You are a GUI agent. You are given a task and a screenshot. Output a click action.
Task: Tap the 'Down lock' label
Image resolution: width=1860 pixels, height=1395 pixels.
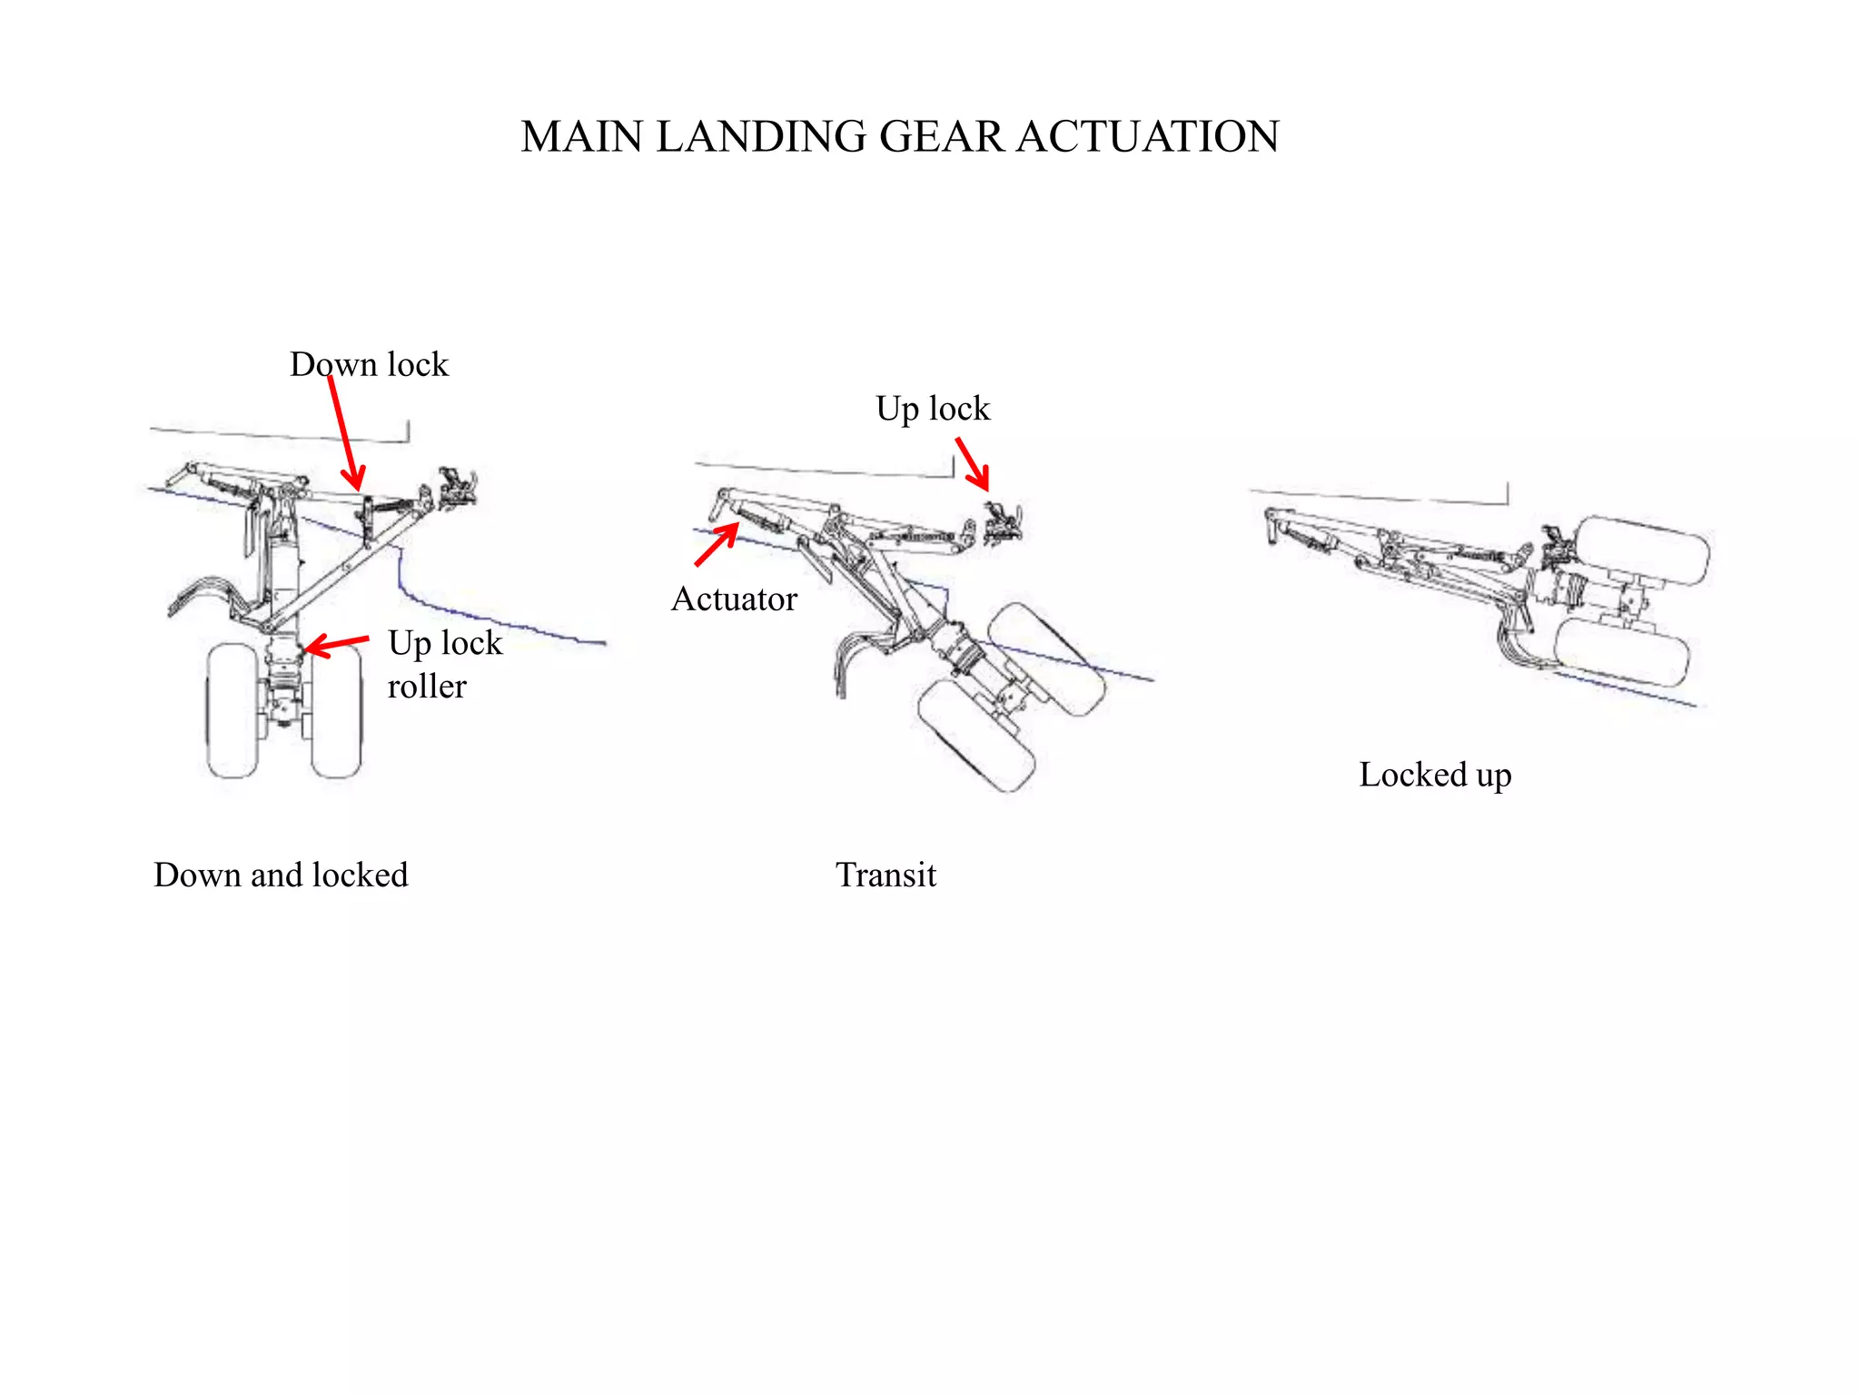[x=369, y=364]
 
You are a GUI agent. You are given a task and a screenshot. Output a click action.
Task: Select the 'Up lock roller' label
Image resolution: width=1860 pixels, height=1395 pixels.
[x=444, y=664]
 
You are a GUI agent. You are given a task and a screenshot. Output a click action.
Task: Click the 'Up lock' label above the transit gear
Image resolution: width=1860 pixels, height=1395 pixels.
[x=933, y=409]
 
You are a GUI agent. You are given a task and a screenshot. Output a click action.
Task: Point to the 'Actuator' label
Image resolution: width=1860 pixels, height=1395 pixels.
[x=734, y=599]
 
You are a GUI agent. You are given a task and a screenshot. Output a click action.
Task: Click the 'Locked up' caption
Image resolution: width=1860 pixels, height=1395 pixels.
[x=1435, y=775]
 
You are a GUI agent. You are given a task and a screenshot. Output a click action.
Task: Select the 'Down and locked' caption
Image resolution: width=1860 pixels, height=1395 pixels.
[x=281, y=875]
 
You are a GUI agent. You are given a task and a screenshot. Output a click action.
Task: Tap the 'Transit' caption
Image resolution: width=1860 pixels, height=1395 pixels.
[x=885, y=875]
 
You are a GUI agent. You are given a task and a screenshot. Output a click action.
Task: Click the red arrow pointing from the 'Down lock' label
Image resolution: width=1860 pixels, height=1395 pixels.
[x=345, y=432]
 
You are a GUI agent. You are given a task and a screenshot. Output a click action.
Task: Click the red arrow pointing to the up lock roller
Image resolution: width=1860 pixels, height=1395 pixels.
[x=336, y=645]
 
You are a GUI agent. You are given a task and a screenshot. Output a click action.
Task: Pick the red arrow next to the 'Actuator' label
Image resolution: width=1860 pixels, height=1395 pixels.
[x=717, y=545]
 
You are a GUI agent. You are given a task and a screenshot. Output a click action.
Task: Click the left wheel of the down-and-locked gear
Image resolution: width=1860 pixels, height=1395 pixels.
[x=232, y=710]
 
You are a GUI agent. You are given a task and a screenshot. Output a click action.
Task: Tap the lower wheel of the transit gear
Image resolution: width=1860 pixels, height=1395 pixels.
[x=976, y=736]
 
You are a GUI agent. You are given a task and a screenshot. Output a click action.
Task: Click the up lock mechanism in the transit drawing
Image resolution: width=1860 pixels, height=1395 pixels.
[x=1003, y=524]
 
